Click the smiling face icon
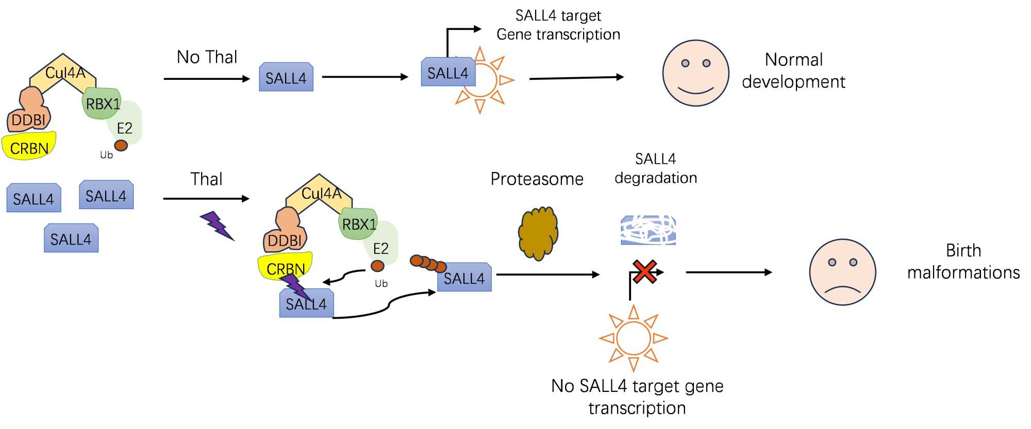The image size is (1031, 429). tap(695, 73)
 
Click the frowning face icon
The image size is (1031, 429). tap(842, 272)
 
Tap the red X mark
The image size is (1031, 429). tap(644, 271)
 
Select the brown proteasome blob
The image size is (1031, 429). tap(538, 233)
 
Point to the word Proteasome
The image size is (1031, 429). tap(537, 179)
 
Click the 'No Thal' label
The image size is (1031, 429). tap(207, 57)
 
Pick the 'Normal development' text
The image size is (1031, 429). tap(793, 71)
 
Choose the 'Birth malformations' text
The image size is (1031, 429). tap(963, 261)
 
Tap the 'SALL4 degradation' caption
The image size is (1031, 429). tap(655, 168)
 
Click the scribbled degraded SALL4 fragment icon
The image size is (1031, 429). tap(648, 230)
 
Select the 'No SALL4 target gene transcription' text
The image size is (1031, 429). tap(637, 397)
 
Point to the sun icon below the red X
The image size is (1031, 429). tap(634, 338)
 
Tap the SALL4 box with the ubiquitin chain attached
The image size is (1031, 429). tap(464, 278)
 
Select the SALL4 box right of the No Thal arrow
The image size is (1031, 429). tap(286, 78)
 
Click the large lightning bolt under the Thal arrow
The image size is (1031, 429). tap(217, 226)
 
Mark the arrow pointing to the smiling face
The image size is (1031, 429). tap(576, 78)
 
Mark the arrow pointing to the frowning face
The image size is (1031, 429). tap(728, 272)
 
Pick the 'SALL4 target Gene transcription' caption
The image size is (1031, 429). tap(558, 25)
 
